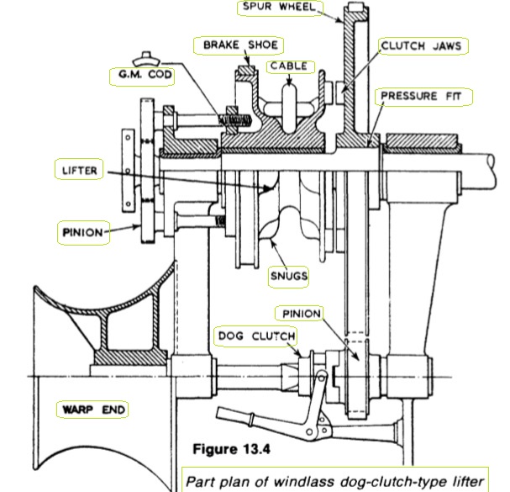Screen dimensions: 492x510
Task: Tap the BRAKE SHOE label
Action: coord(236,45)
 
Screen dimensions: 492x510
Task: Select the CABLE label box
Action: coord(288,66)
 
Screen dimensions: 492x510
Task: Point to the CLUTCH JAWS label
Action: coord(421,46)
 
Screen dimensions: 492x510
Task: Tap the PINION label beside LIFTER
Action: coord(83,230)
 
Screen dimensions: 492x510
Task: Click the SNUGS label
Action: coord(287,275)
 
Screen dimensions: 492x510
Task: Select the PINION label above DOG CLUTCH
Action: coord(301,314)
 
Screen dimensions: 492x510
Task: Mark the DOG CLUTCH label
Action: coord(255,336)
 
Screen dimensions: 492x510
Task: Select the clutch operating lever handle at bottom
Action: coord(244,418)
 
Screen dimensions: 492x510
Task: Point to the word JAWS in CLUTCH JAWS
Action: coord(444,46)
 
